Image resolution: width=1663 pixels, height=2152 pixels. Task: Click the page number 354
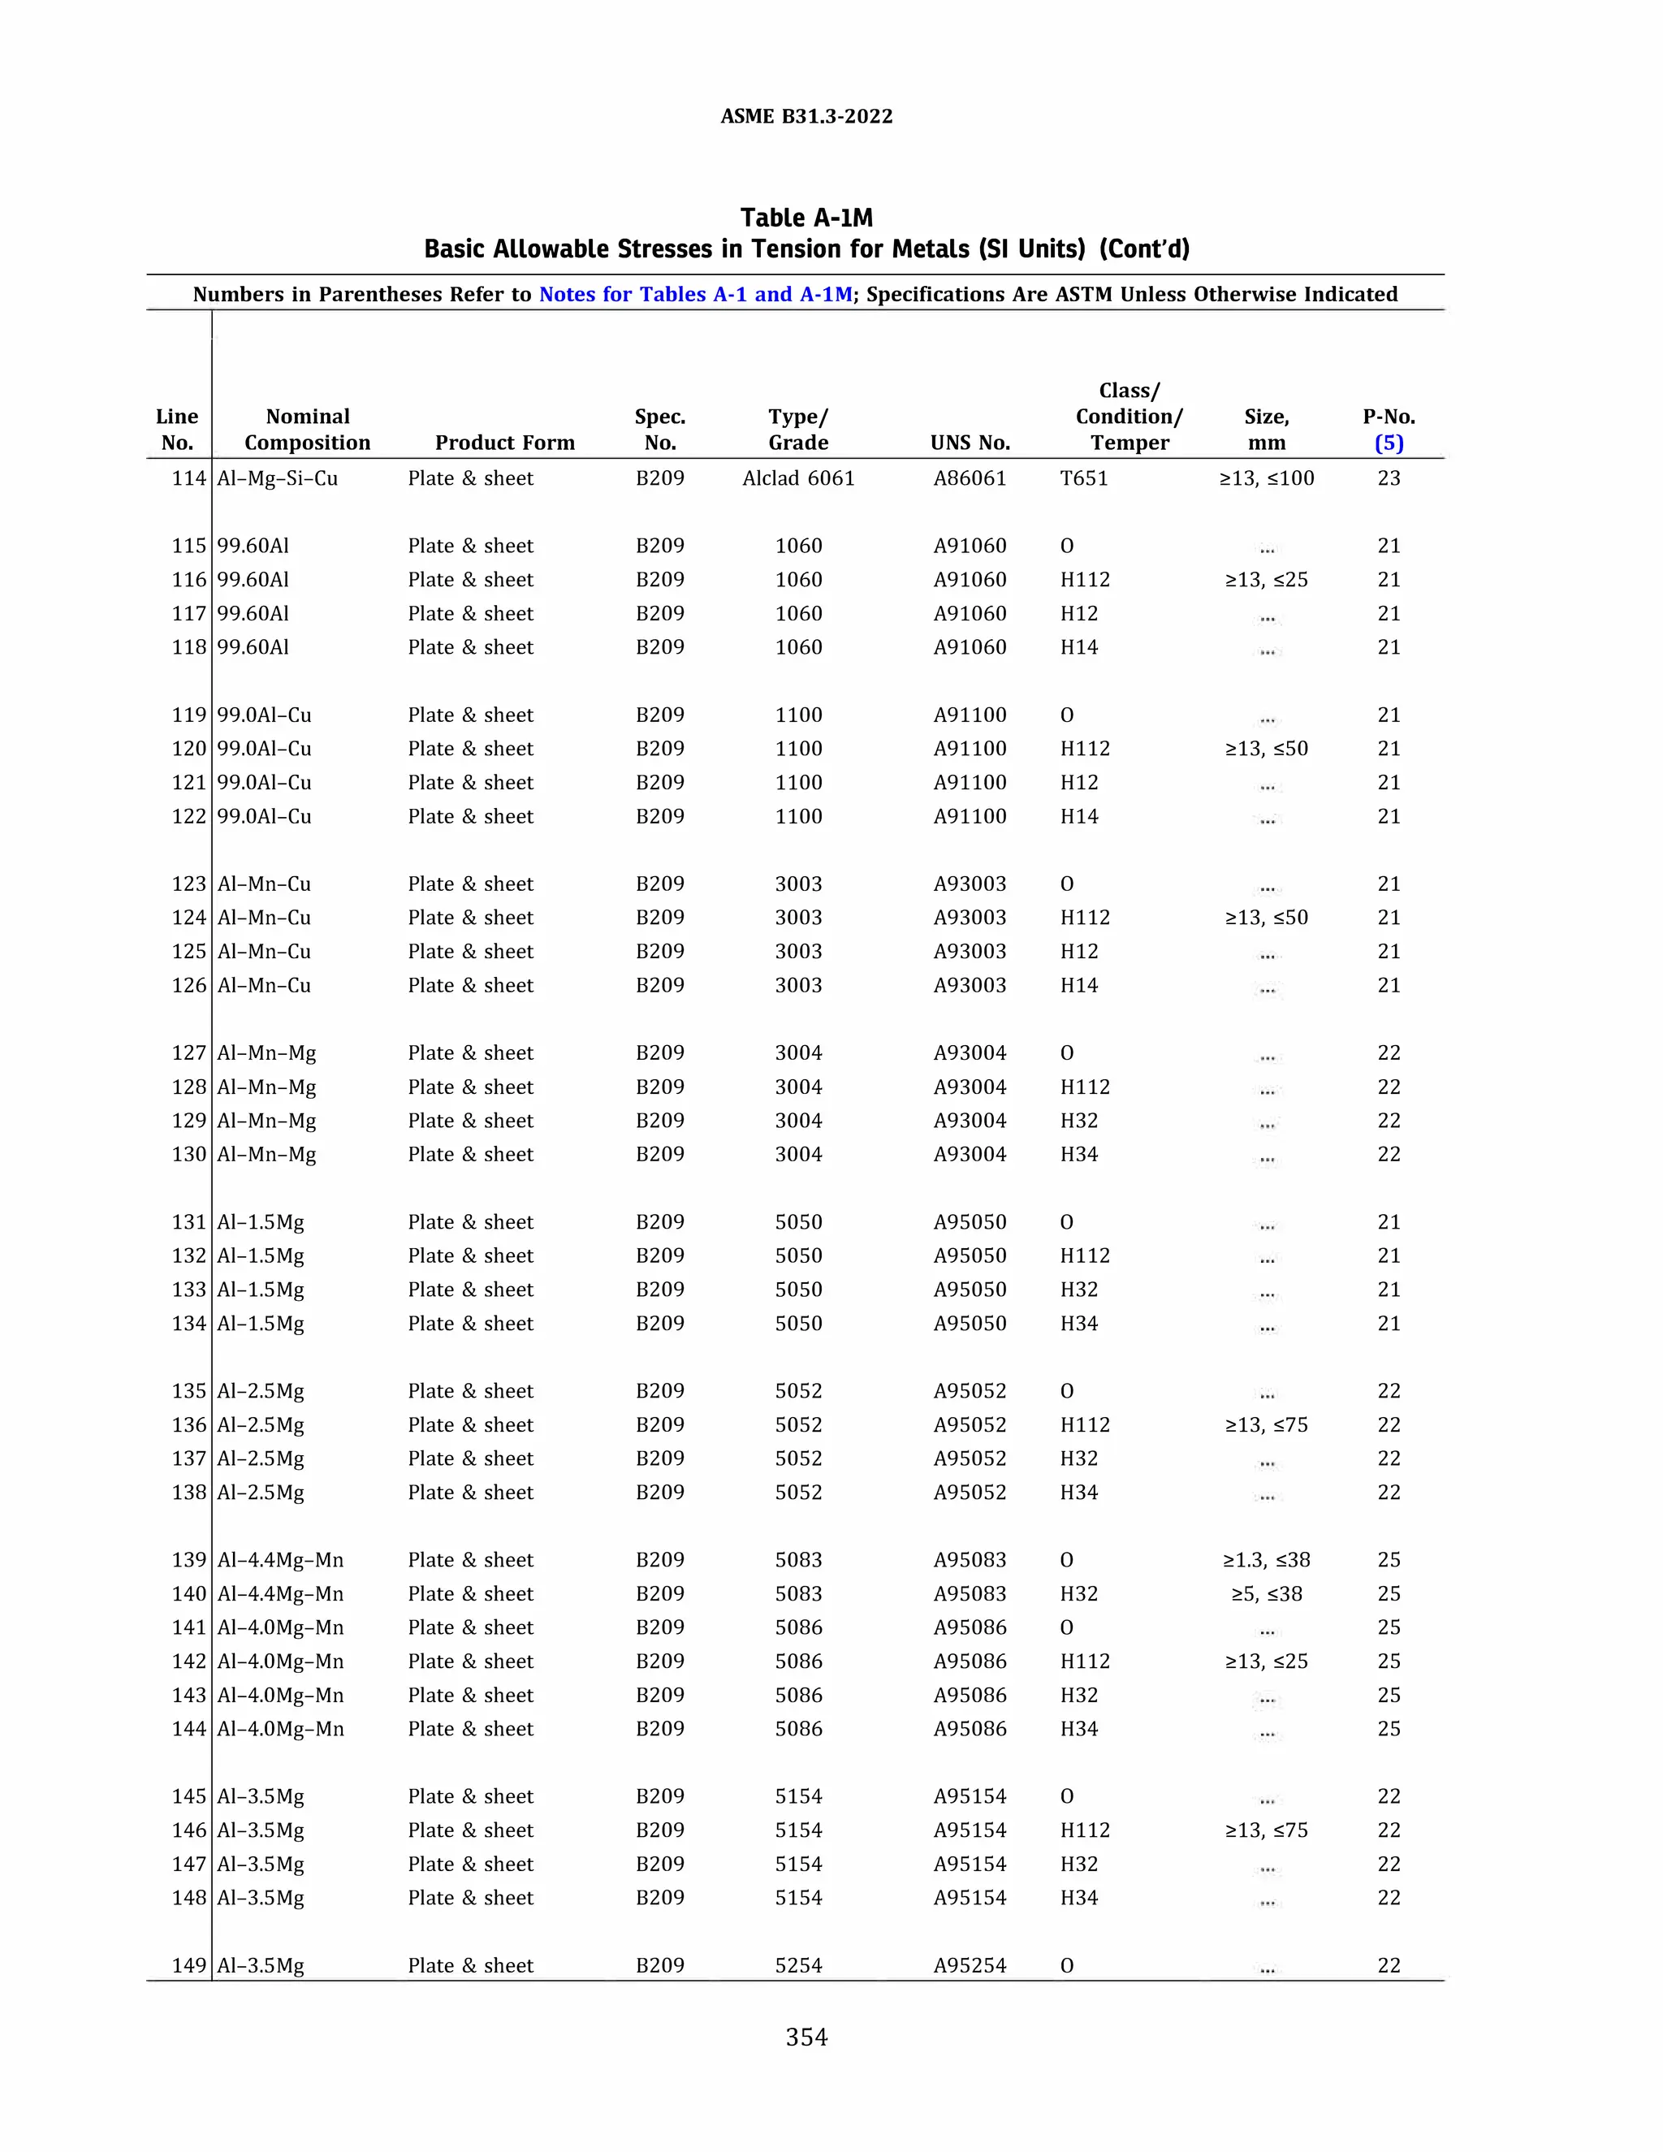806,2037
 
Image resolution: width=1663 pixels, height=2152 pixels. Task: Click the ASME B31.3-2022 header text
806,116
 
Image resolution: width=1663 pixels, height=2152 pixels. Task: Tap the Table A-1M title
806,218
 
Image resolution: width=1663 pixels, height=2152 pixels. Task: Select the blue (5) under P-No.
1388,443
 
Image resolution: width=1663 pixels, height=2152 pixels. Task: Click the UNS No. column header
970,443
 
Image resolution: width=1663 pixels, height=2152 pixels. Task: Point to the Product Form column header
504,443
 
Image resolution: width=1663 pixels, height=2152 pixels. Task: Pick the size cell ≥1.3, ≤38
1266,1560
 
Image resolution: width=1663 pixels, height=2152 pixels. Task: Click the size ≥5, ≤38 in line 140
1266,1593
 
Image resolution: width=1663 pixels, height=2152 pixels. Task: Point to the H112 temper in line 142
1085,1662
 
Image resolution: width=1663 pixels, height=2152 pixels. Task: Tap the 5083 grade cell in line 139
798,1560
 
